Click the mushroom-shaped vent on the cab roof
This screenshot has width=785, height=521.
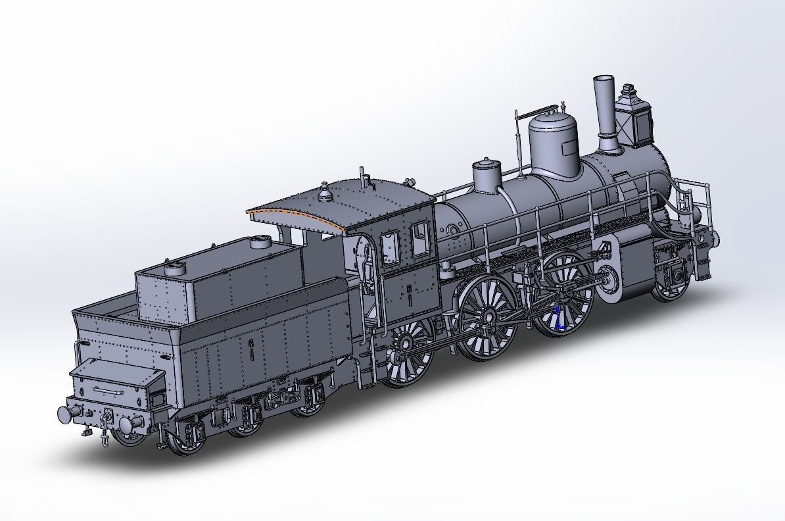(324, 192)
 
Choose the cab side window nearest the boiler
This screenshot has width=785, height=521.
(419, 235)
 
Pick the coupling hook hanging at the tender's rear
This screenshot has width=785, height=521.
(104, 428)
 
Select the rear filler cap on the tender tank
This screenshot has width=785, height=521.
(176, 268)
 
